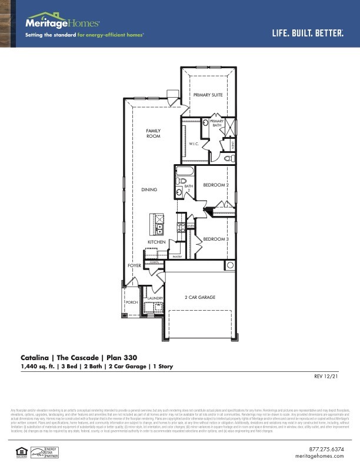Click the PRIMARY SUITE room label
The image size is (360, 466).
[208, 94]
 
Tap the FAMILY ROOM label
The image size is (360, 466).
[154, 134]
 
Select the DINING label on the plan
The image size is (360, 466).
[149, 189]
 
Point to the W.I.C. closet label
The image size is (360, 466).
[194, 144]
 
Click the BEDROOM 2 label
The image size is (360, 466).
[215, 185]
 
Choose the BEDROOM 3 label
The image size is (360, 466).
[215, 239]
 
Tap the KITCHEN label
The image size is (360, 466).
[156, 242]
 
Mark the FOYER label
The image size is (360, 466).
[135, 266]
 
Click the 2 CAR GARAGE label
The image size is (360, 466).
[200, 297]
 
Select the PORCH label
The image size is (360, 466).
[132, 302]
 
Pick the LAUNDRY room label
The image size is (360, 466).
[155, 298]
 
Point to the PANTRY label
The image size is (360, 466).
[176, 257]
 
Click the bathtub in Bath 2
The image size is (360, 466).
[184, 173]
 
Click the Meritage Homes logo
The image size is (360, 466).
[62, 22]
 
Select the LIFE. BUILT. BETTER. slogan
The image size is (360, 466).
[308, 33]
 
